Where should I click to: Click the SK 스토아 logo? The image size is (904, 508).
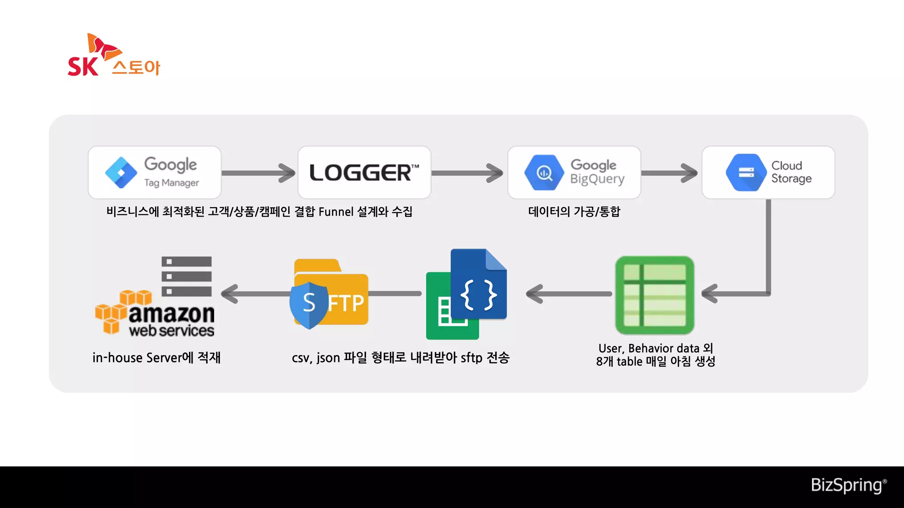[x=114, y=56]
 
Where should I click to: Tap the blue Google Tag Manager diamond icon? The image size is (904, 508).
[x=121, y=172]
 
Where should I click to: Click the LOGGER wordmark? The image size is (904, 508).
[x=364, y=172]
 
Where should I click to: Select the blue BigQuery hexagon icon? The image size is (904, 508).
[x=544, y=172]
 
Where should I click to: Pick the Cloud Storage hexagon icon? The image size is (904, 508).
[x=746, y=172]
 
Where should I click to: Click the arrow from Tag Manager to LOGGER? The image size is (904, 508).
[x=259, y=173]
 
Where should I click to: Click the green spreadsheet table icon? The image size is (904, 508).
[x=655, y=295]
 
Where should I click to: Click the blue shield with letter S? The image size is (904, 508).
[x=309, y=304]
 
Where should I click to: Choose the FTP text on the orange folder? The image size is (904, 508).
[x=347, y=303]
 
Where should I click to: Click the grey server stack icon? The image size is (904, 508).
[x=186, y=276]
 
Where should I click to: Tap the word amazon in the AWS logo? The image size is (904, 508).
[x=171, y=314]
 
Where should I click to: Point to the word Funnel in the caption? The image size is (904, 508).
[x=336, y=212]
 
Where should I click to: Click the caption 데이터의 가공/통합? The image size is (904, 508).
[x=574, y=212]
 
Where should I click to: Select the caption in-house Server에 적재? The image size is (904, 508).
[x=156, y=358]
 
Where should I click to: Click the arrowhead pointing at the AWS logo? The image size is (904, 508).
[x=230, y=294]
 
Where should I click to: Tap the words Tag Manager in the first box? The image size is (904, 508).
[x=171, y=183]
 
